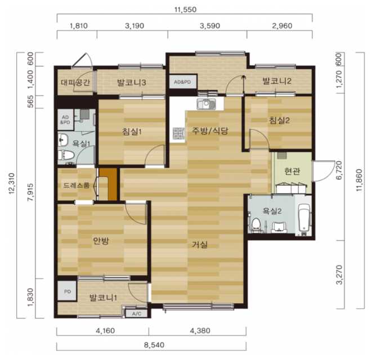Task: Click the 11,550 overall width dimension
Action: pos(185,10)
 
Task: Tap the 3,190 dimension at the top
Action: pos(135,26)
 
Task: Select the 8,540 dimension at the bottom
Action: pos(154,345)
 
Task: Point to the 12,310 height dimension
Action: pos(12,183)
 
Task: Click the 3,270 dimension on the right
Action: pos(340,275)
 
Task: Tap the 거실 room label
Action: pos(200,245)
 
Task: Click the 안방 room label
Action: pos(101,241)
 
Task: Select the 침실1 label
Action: pos(132,132)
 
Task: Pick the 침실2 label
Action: pos(279,120)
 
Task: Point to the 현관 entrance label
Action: pos(292,171)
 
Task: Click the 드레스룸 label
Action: pos(77,186)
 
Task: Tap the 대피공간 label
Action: pos(75,83)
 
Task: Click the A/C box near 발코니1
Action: pos(136,314)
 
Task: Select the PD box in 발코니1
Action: pos(67,291)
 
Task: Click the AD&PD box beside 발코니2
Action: pos(183,82)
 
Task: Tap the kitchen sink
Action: pos(206,104)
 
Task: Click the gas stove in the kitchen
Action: pos(178,133)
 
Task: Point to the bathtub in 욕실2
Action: pos(304,218)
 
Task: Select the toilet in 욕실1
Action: pos(66,155)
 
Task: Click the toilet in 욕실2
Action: pos(256,224)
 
